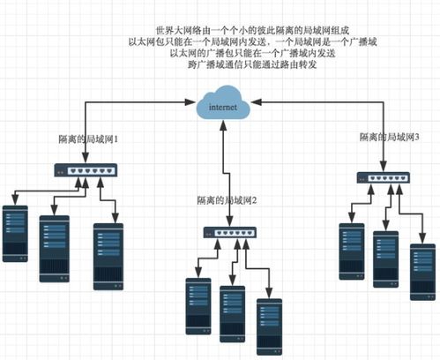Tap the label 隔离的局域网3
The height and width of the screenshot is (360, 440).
click(x=389, y=138)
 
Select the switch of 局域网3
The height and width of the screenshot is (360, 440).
click(x=383, y=177)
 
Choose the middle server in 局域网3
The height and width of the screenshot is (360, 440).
click(x=384, y=257)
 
